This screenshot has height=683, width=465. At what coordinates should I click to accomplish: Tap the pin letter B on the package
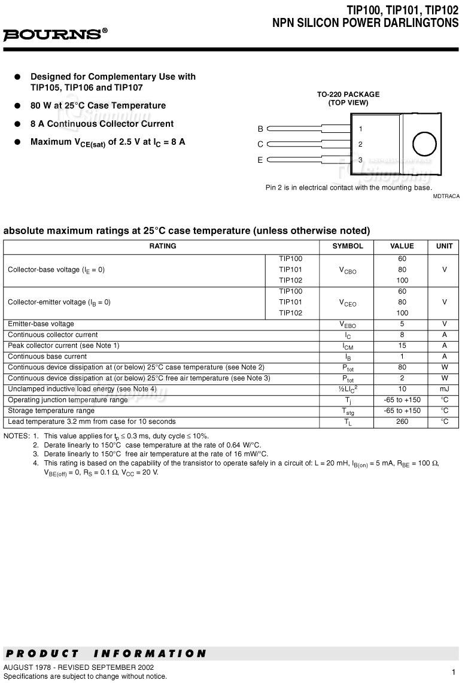point(260,129)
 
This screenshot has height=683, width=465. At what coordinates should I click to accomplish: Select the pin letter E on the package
point(260,160)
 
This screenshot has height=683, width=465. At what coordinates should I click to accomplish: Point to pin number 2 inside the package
point(360,144)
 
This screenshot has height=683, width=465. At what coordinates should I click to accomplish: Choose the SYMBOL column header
point(348,246)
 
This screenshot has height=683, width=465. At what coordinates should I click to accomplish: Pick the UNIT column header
point(444,246)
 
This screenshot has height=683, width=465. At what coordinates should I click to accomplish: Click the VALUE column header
point(402,246)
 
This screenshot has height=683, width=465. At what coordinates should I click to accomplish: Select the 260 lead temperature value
point(402,421)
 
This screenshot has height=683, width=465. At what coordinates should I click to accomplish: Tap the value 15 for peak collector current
point(402,345)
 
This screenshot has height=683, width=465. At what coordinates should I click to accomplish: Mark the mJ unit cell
point(444,389)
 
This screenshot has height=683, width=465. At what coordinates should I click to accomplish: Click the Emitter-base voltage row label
point(41,324)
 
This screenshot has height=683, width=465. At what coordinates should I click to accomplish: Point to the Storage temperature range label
point(51,411)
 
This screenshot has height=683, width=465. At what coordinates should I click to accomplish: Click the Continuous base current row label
point(47,356)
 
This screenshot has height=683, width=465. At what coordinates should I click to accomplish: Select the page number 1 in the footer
point(454,672)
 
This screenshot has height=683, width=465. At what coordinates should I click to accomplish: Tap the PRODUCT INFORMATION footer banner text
point(105,654)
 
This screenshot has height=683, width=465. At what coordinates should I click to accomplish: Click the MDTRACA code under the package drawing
point(446,196)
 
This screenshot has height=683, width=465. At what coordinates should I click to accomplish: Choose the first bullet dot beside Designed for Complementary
point(18,77)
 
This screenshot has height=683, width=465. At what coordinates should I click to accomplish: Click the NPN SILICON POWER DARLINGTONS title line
point(365,23)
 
